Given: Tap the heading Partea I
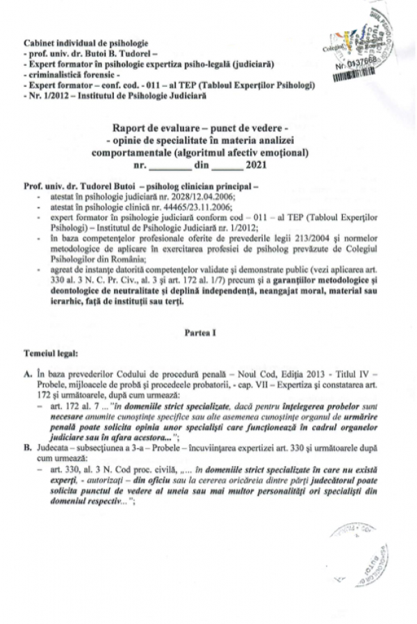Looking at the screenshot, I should (208, 333).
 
